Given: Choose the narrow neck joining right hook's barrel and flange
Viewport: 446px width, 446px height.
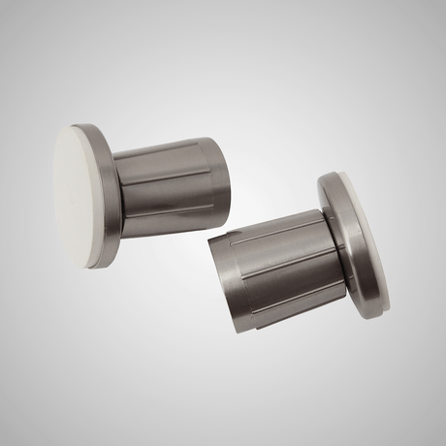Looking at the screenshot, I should [x=330, y=247].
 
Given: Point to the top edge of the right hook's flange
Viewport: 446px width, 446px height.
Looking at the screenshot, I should [x=330, y=178].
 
